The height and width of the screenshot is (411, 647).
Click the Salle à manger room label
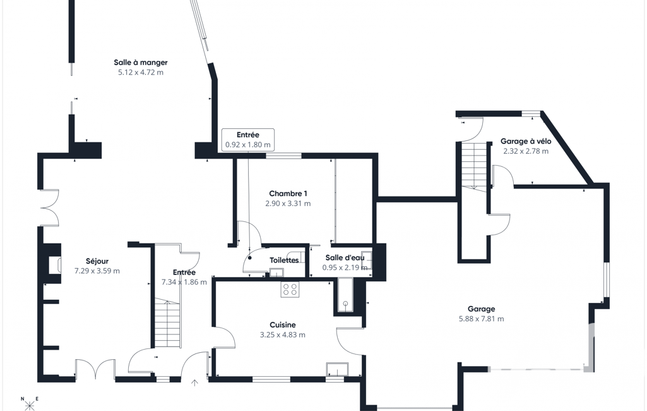(141, 63)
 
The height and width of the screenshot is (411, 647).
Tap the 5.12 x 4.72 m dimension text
(141, 72)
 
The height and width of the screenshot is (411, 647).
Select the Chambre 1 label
(288, 193)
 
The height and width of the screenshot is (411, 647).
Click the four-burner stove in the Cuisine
(290, 289)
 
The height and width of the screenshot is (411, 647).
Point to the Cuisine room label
(283, 325)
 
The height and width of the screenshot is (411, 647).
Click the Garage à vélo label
(526, 142)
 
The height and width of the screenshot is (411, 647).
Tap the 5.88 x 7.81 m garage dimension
(481, 319)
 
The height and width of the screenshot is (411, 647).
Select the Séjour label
(97, 261)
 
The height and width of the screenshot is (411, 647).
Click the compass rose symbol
(30, 403)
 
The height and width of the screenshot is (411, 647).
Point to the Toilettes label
(284, 260)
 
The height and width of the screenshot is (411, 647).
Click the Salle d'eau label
(345, 258)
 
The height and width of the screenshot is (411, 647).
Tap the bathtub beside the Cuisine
(345, 295)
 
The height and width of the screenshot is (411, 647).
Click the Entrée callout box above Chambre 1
(248, 140)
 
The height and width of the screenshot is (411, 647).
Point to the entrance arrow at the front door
(194, 383)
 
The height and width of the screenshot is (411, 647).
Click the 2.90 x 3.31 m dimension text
(288, 204)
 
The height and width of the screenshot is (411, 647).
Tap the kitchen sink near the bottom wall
(337, 369)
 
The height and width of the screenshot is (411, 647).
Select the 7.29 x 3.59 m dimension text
(97, 271)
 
